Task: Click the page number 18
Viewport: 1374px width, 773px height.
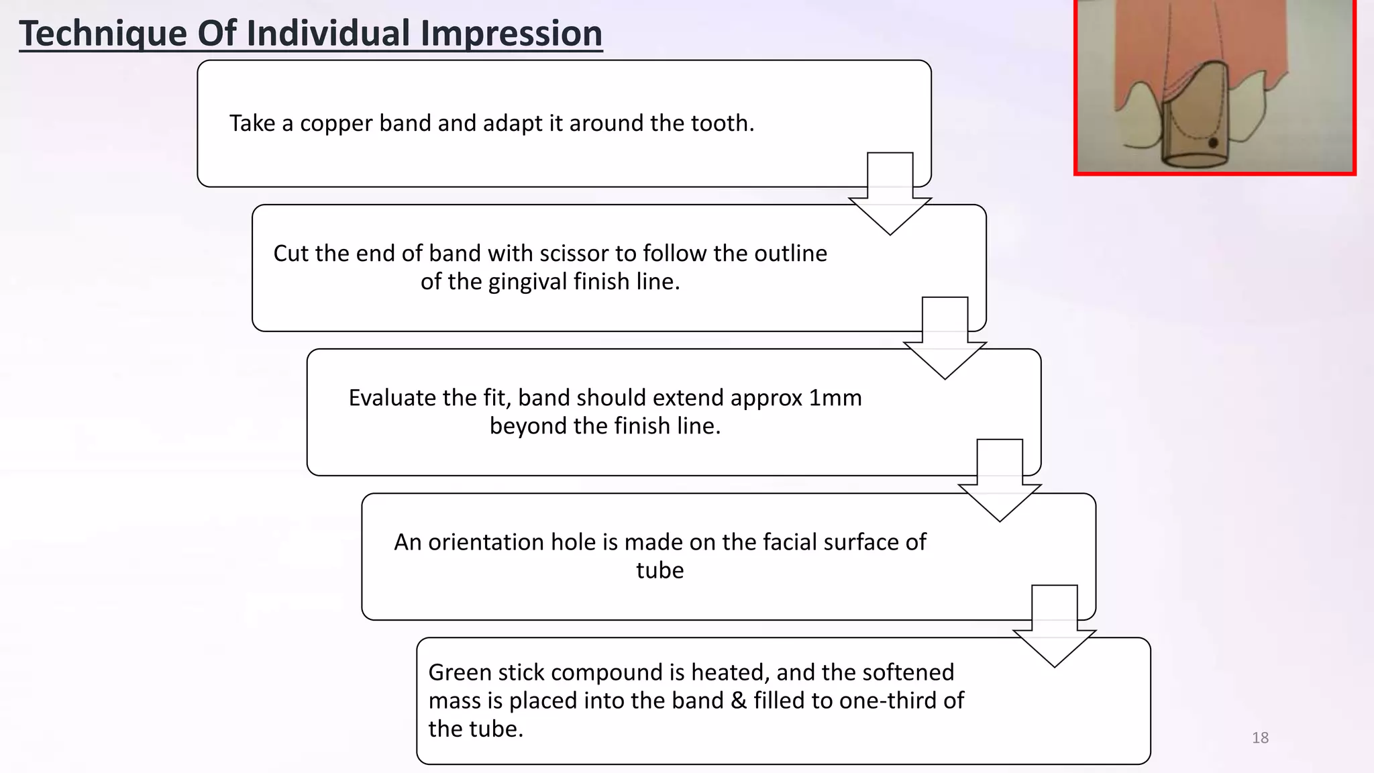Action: [x=1260, y=738]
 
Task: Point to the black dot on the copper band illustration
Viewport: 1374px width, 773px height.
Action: [x=1213, y=143]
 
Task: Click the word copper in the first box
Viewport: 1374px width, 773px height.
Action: [x=335, y=123]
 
